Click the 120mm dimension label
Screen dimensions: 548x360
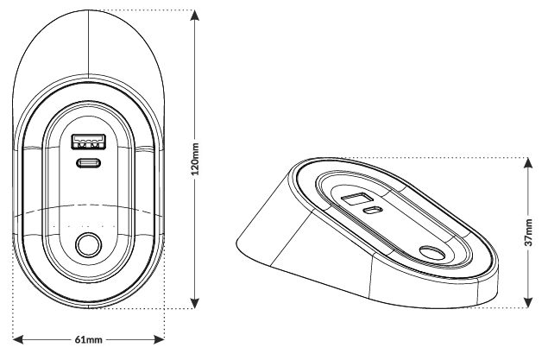[x=195, y=159]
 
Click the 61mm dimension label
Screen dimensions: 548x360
[x=88, y=339]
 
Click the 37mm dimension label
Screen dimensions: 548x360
[x=529, y=232]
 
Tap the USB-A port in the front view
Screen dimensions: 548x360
[x=89, y=142]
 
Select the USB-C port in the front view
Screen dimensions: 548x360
[x=89, y=162]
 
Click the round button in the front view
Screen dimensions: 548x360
[x=89, y=245]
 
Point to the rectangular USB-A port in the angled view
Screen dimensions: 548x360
[x=356, y=199]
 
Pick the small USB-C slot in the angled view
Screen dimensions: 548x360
[x=373, y=211]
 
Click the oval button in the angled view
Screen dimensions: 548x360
[x=432, y=253]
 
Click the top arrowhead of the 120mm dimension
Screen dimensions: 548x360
[x=195, y=16]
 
